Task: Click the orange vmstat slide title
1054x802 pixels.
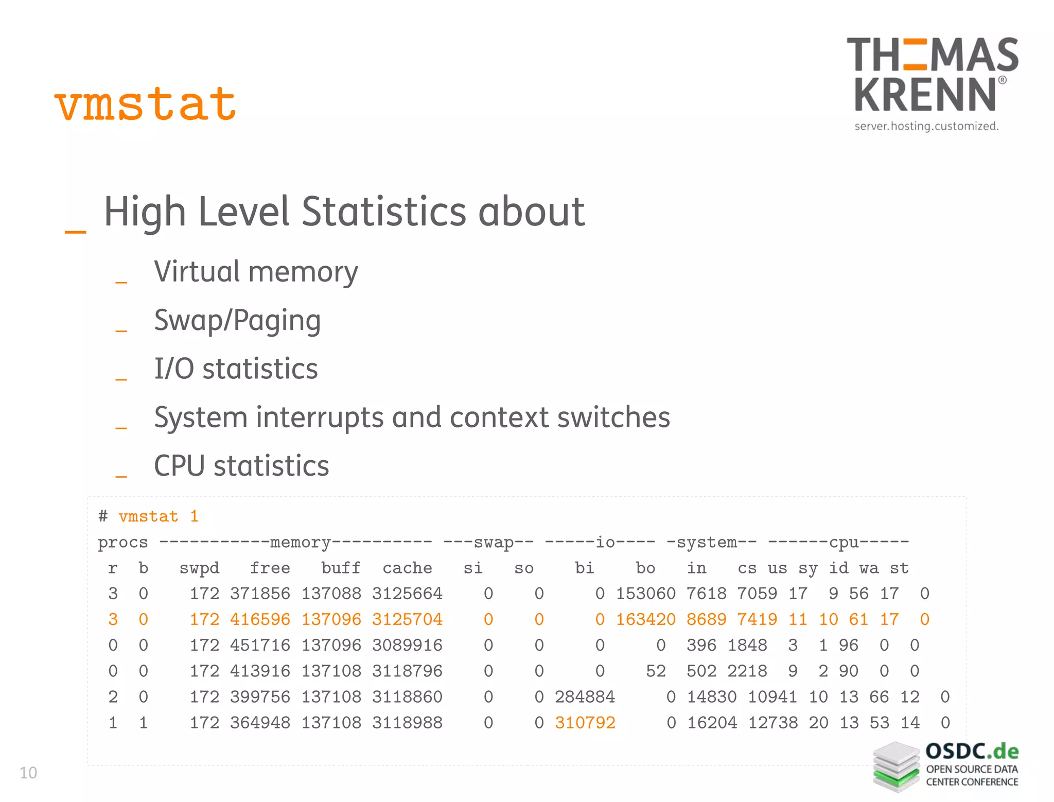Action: point(145,104)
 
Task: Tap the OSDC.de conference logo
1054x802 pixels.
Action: point(946,766)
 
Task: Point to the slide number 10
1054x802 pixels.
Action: point(28,773)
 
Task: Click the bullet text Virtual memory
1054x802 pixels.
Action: point(256,272)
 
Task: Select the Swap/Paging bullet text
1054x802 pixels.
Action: point(237,320)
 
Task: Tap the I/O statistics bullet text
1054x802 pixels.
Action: point(236,369)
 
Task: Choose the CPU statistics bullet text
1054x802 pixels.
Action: point(241,466)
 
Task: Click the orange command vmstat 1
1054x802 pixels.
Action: point(158,516)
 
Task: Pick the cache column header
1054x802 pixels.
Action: point(407,568)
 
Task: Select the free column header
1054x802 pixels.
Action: point(270,568)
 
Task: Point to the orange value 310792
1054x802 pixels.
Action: point(585,723)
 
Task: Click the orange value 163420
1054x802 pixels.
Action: point(645,619)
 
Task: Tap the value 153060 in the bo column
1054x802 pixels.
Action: point(645,594)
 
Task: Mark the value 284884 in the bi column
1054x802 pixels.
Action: point(585,697)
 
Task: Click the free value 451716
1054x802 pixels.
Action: point(260,645)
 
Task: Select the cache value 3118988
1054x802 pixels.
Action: point(407,723)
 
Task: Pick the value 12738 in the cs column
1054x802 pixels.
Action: point(772,723)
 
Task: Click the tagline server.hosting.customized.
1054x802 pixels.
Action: point(926,126)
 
